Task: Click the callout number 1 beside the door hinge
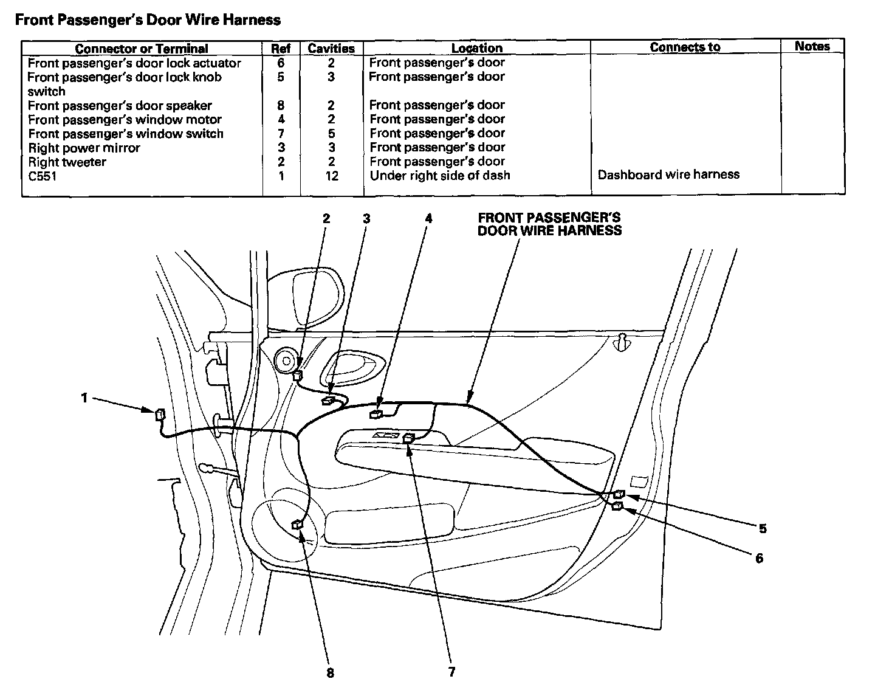84,398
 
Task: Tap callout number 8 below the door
330,673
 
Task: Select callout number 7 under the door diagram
451,672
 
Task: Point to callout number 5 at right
763,528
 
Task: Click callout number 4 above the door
428,218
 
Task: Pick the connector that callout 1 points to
160,415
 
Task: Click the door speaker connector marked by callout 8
298,524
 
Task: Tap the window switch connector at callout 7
409,437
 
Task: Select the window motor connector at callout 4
376,414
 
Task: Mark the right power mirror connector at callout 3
329,400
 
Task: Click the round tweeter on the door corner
284,362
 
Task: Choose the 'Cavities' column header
331,48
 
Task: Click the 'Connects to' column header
685,47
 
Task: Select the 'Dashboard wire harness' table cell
668,174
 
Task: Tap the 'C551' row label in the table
43,176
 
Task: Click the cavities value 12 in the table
331,176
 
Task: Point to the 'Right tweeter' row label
67,162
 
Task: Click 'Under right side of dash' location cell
439,175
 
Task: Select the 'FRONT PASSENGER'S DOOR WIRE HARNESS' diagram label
549,224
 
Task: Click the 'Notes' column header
812,46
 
